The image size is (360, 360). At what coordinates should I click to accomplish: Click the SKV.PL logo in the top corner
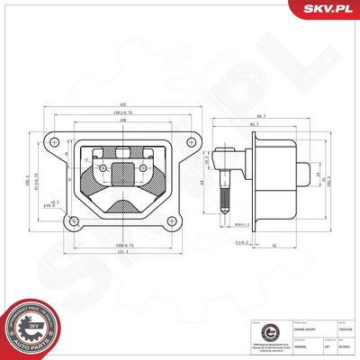click(x=329, y=10)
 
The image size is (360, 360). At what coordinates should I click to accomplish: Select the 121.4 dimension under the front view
click(x=119, y=253)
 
